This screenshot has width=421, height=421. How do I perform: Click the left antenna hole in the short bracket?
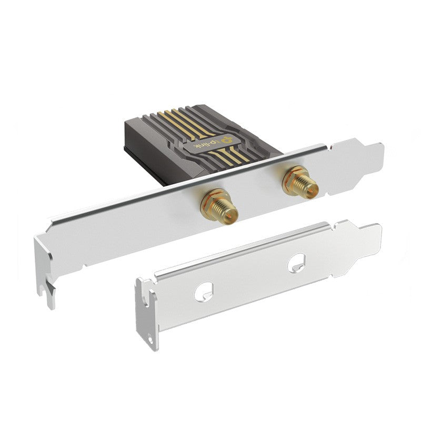click(204, 290)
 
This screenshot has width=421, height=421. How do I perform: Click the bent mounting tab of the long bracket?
click(45, 268)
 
